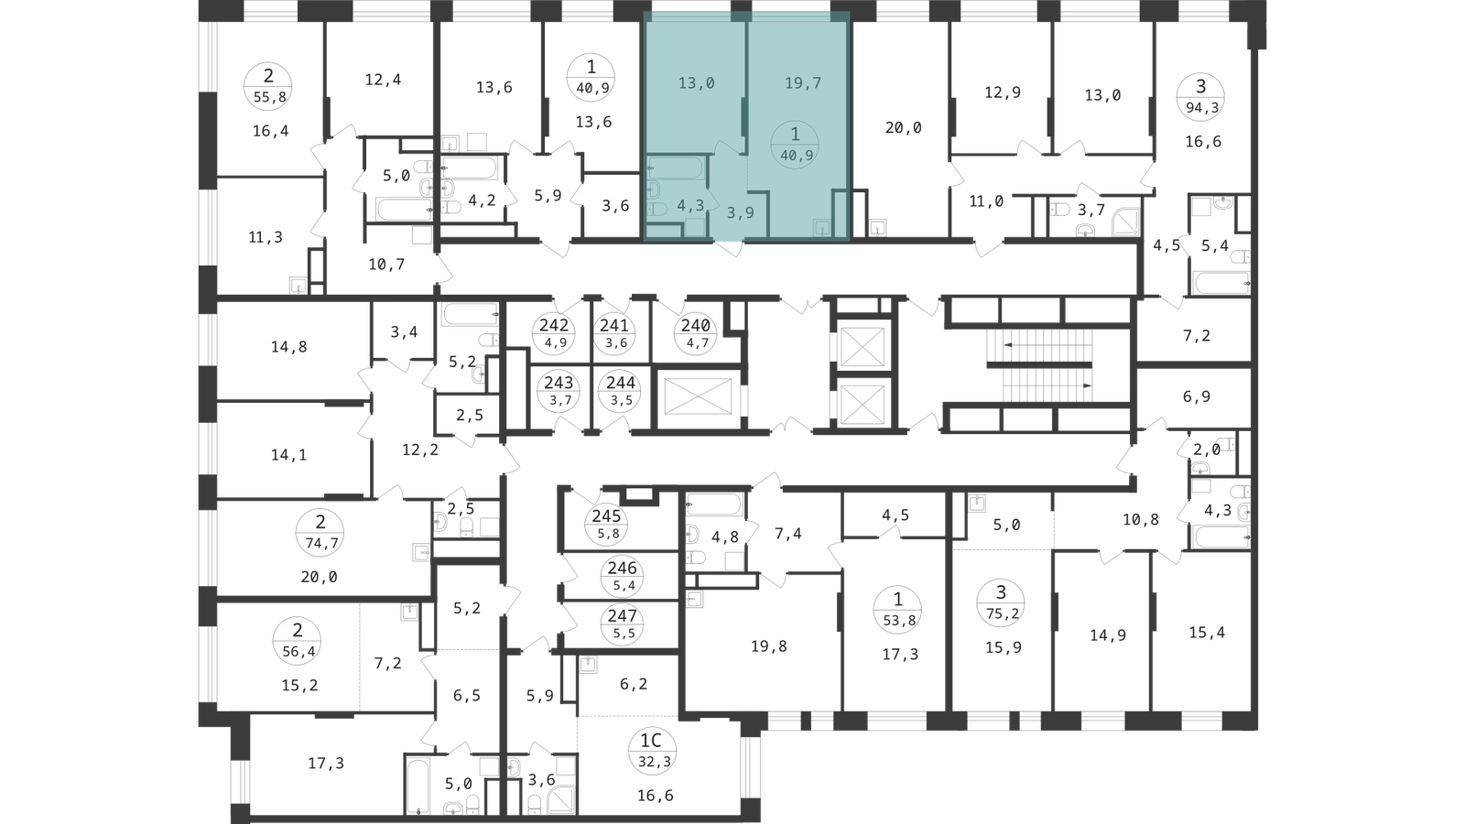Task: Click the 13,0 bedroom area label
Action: point(696,83)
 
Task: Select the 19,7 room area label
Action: point(803,83)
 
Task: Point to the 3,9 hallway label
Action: point(740,212)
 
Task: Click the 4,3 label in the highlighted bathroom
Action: point(690,206)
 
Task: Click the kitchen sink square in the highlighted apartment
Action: point(824,227)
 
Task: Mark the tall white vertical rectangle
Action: point(516,389)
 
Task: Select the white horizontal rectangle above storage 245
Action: point(639,494)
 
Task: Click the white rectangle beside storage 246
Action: point(736,315)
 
